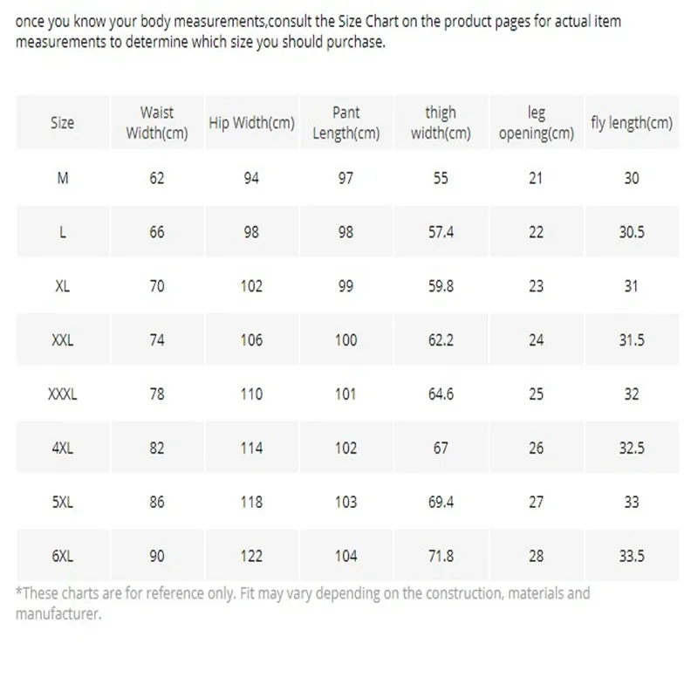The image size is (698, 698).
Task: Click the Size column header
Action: point(62,123)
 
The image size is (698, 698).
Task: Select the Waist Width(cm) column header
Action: point(157,123)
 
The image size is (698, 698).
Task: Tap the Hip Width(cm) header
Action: point(251,123)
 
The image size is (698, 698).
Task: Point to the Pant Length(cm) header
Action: point(346,123)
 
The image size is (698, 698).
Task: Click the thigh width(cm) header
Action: point(441,123)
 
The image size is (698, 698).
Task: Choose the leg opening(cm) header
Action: point(536,123)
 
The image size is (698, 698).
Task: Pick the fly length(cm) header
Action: point(632,123)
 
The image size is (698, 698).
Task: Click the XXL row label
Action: point(62,340)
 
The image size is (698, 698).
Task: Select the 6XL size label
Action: point(62,556)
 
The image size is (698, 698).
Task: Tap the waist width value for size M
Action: point(157,178)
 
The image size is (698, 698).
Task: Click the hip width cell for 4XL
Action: point(251,448)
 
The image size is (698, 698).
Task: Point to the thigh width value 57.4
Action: point(441,232)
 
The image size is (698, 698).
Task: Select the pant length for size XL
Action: point(346,286)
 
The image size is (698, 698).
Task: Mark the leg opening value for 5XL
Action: point(536,502)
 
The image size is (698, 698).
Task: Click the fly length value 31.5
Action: point(632,340)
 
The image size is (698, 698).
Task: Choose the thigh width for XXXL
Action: point(441,394)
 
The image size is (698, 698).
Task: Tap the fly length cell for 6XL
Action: point(632,556)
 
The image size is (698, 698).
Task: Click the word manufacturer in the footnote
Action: point(58,613)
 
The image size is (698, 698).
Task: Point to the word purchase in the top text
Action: point(352,42)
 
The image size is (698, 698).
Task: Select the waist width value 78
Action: point(157,394)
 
